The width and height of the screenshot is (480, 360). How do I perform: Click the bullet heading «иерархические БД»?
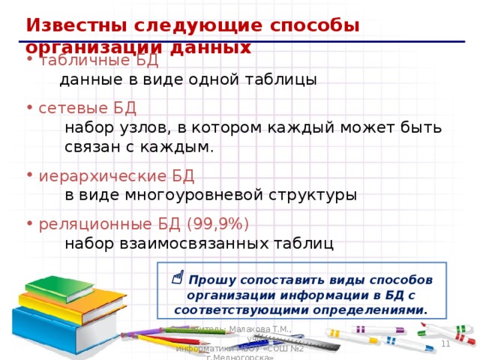point(116,176)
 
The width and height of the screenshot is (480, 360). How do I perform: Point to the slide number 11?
point(445,343)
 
